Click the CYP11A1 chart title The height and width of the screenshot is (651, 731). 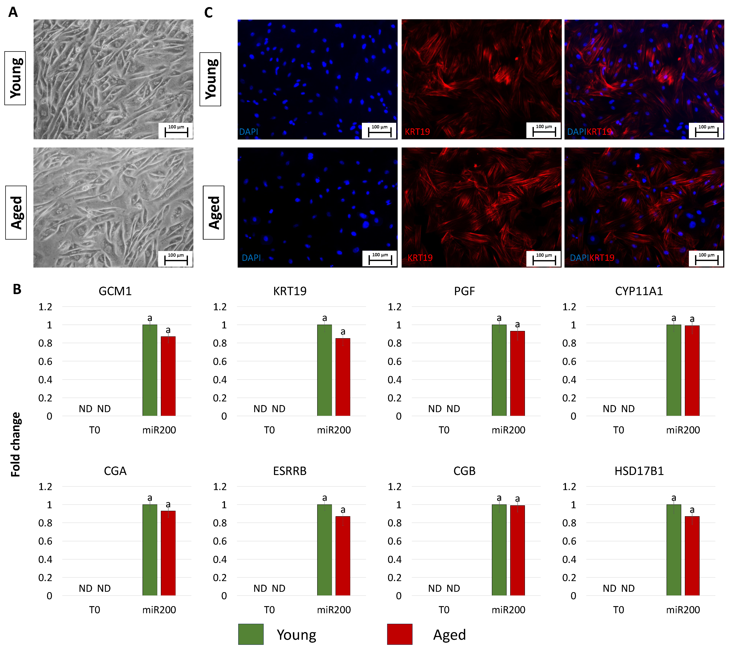click(x=639, y=291)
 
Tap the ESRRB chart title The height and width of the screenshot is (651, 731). click(x=290, y=471)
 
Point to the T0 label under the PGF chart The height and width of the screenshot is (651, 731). click(x=444, y=430)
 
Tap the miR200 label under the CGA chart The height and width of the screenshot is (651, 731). click(x=159, y=610)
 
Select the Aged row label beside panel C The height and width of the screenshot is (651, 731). click(x=214, y=213)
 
